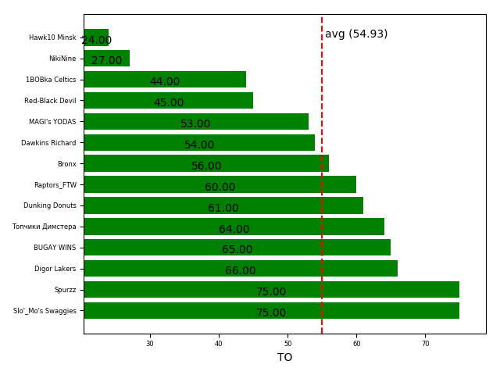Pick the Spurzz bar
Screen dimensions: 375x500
(271, 289)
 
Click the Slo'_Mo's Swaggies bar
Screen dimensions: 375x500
(271, 310)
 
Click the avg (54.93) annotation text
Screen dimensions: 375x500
(356, 34)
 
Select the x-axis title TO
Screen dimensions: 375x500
(284, 358)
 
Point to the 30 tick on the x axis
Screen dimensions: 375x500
(150, 343)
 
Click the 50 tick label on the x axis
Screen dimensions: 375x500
(287, 343)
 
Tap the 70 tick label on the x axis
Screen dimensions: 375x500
(426, 343)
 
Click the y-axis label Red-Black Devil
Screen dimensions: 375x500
(50, 101)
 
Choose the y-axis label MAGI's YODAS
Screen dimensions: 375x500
(52, 122)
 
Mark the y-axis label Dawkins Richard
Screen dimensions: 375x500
(48, 143)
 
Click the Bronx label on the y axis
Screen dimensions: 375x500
(66, 164)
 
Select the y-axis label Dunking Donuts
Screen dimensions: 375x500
(50, 205)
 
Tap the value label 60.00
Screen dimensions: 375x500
(220, 187)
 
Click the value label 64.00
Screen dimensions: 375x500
(234, 230)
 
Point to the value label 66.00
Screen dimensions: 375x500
(240, 271)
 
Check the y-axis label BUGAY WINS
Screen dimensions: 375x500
(55, 248)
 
